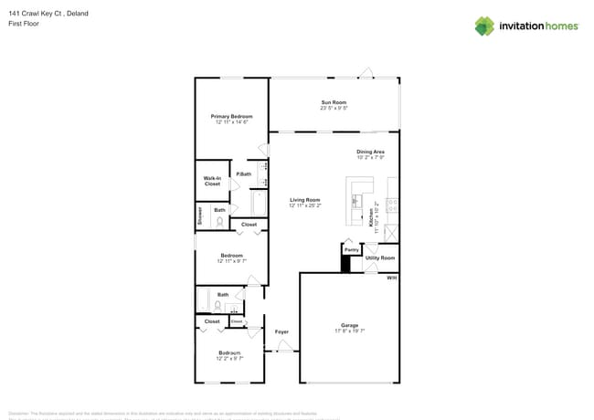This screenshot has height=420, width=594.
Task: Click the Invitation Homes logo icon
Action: click(484, 26)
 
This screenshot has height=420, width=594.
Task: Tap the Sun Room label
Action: click(334, 102)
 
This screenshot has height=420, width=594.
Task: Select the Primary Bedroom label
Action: click(231, 116)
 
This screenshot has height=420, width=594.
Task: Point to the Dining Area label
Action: click(370, 152)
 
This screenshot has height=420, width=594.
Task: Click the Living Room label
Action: click(304, 200)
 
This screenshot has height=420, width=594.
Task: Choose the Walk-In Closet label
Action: click(212, 181)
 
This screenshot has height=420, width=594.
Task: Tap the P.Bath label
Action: click(244, 174)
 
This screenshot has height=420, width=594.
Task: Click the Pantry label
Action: click(351, 249)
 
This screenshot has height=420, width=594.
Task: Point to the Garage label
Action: click(349, 325)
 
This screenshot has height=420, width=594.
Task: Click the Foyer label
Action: click(282, 331)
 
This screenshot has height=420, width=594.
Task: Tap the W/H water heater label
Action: click(391, 278)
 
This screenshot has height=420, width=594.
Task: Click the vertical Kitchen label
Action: click(371, 217)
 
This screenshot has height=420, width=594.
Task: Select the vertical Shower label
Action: click(199, 215)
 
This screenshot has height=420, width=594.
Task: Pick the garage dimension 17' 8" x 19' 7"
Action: click(349, 331)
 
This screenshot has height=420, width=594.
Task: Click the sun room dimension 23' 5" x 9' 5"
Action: click(334, 109)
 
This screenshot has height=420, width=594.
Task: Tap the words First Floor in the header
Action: click(21, 25)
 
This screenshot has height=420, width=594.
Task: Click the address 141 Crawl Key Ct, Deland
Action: click(41, 15)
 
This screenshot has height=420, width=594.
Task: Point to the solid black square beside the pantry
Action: click(345, 264)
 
